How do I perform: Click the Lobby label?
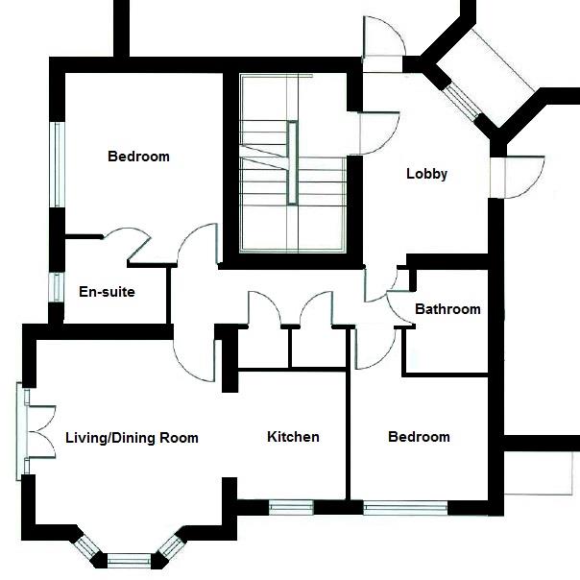coord(427,174)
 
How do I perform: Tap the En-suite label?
coord(107,292)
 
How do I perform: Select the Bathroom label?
coord(447,309)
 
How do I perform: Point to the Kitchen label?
coord(293,437)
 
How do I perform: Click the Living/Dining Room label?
coord(132,438)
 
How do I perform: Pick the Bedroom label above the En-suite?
coord(138,157)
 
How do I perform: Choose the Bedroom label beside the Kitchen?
coord(419,437)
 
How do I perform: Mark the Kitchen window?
coord(291,507)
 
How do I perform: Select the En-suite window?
coord(56,289)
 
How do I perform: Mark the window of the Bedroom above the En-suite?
coord(57,164)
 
